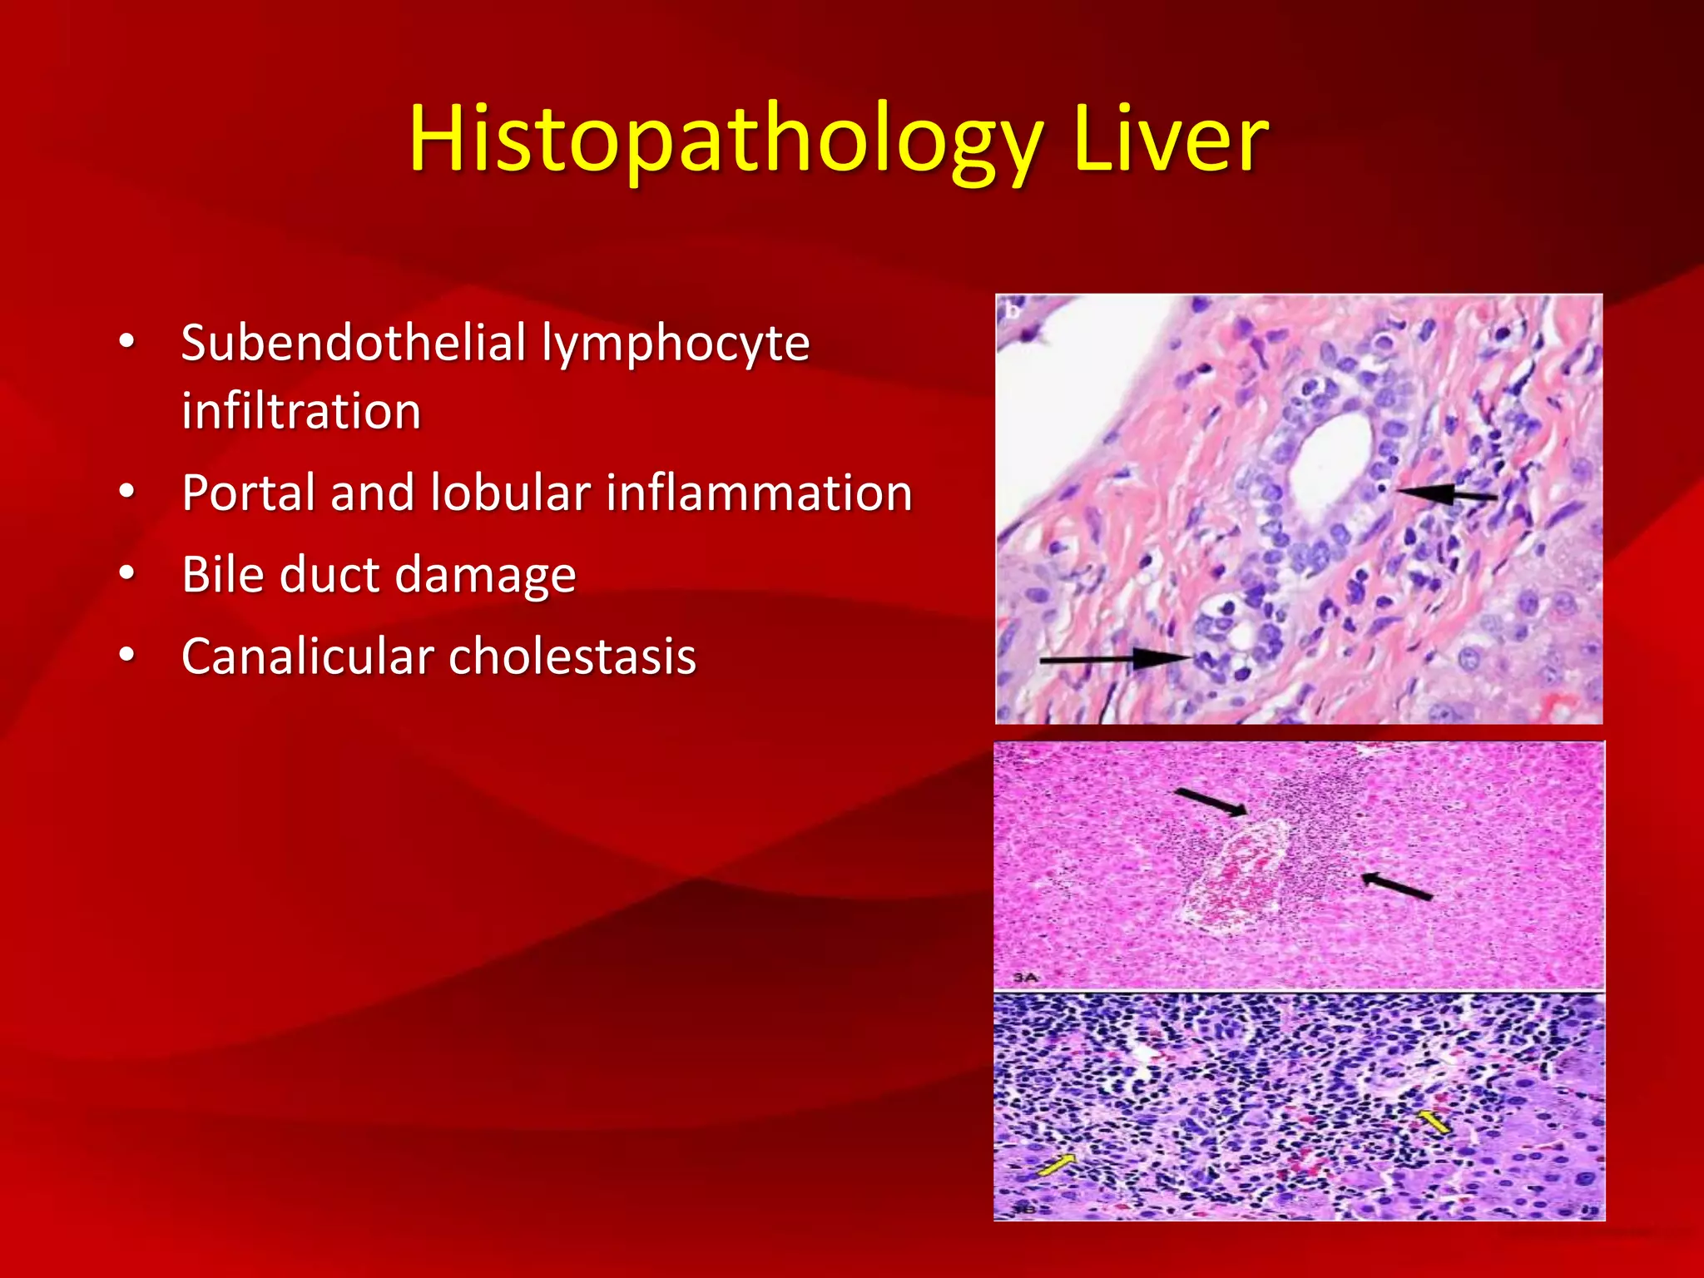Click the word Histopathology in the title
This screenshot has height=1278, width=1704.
[724, 140]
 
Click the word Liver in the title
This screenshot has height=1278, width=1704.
[1170, 140]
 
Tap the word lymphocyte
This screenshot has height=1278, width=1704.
[676, 344]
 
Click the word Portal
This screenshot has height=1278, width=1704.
[247, 493]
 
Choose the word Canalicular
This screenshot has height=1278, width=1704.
[308, 656]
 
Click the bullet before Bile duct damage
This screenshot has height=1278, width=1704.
[126, 573]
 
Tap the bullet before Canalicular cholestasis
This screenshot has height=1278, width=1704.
[126, 655]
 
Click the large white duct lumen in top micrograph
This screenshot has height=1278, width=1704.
[1330, 458]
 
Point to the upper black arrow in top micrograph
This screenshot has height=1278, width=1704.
[1447, 494]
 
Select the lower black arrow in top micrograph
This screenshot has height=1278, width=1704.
[1115, 660]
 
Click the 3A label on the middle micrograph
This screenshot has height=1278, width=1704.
[1025, 977]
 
